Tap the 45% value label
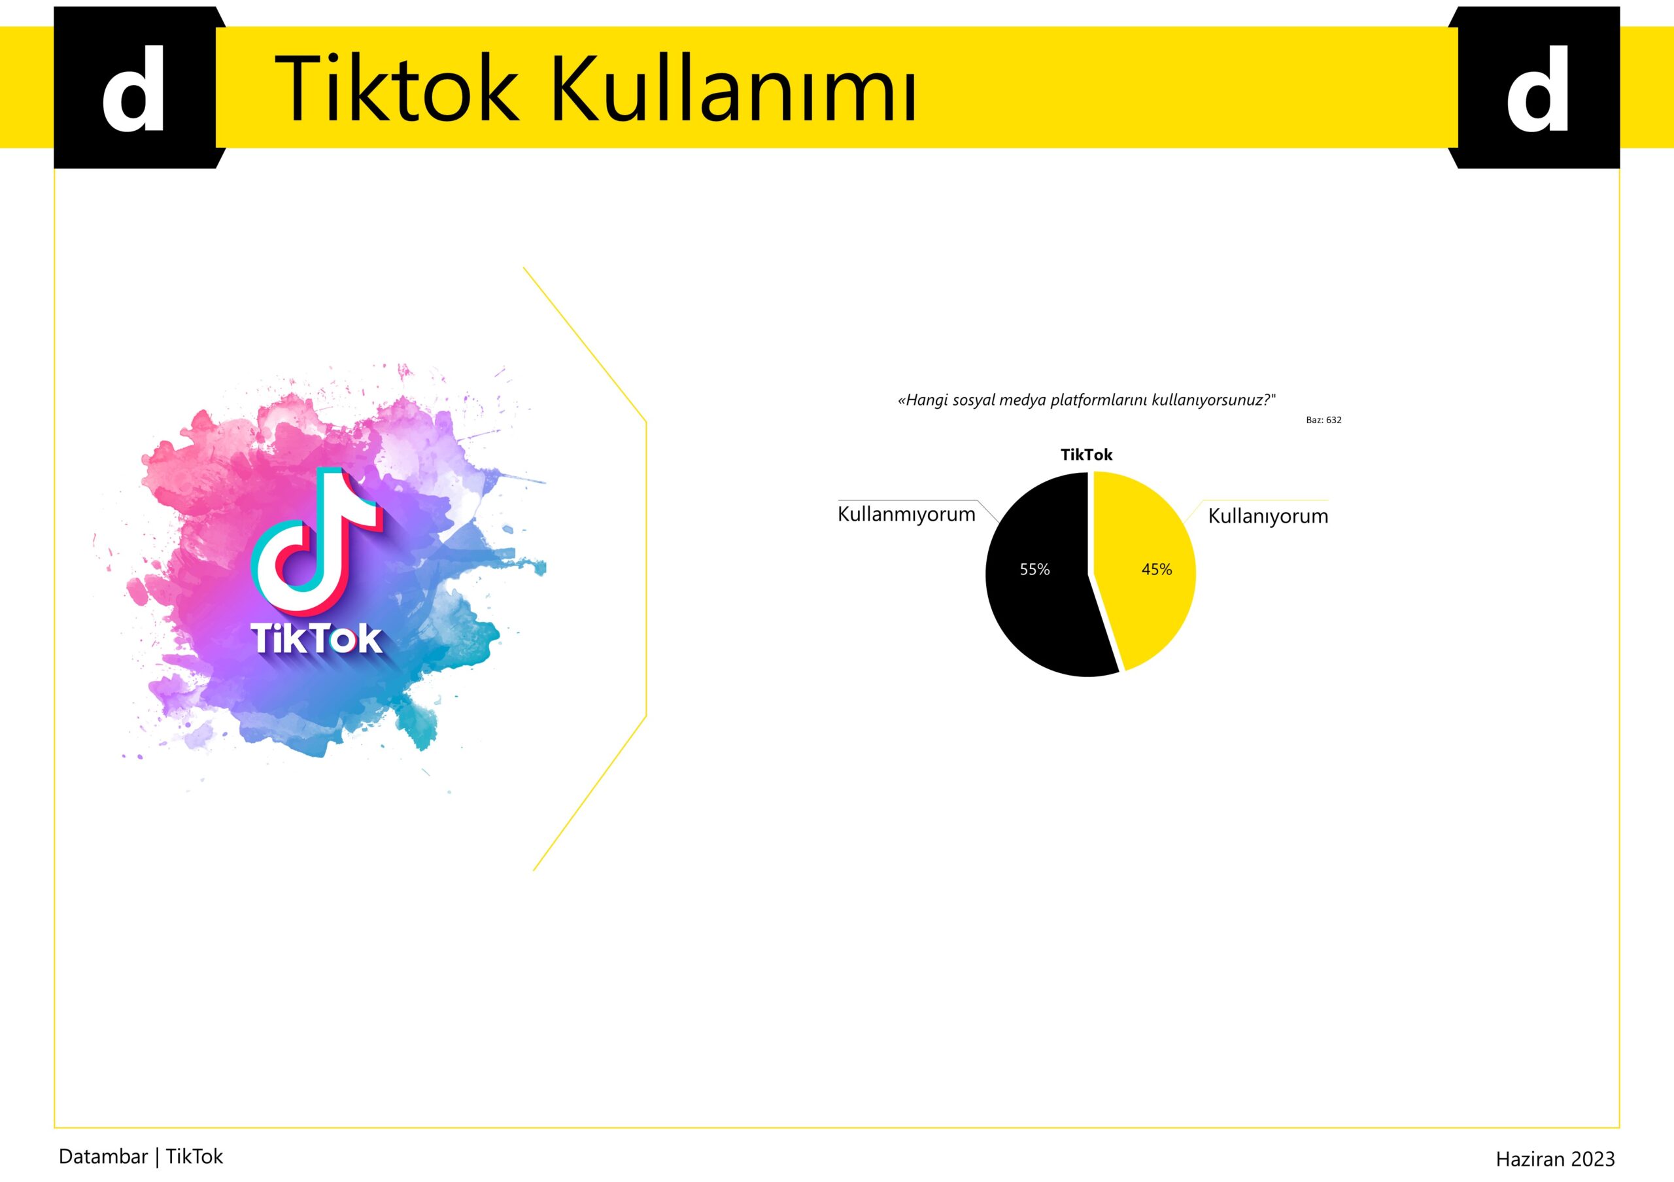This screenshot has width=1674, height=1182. click(1156, 570)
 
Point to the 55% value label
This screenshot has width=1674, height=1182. click(1034, 570)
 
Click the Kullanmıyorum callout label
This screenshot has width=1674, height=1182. click(906, 514)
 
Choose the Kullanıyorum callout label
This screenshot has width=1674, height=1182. click(1268, 516)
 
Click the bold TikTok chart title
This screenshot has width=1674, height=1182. click(1086, 455)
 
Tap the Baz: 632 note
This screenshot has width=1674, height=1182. click(1324, 420)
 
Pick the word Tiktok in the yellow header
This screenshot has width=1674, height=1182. click(397, 88)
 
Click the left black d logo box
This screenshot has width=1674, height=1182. click(135, 88)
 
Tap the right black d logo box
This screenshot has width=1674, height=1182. click(1537, 88)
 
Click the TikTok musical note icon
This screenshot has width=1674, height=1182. click(316, 540)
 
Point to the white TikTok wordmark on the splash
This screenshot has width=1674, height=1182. click(316, 639)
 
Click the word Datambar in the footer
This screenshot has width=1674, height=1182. click(103, 1156)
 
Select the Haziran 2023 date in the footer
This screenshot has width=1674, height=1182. click(1555, 1158)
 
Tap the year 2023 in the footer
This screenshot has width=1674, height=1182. click(1593, 1158)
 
